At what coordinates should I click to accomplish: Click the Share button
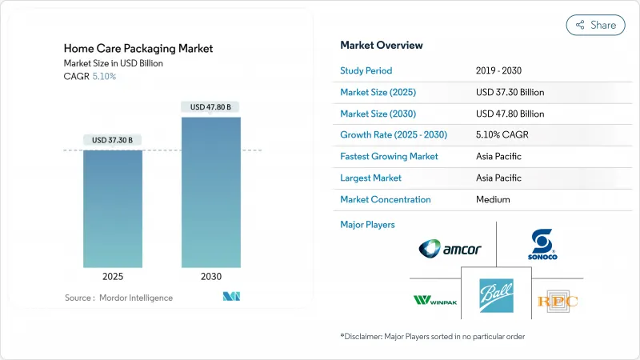[596, 25]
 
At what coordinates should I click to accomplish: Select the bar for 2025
[113, 208]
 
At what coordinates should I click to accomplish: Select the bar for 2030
[211, 192]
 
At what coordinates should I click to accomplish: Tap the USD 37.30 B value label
[113, 140]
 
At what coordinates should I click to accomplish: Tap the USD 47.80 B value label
[211, 107]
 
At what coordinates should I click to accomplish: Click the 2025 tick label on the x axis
[113, 277]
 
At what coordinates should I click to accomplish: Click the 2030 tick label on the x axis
[211, 277]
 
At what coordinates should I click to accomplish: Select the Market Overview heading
[382, 46]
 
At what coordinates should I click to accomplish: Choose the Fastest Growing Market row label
[389, 157]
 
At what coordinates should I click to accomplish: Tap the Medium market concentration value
[493, 199]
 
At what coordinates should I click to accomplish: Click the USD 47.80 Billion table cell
[510, 114]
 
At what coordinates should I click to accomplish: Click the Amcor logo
[450, 249]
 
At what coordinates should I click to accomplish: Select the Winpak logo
[434, 300]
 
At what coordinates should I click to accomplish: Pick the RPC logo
[558, 301]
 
